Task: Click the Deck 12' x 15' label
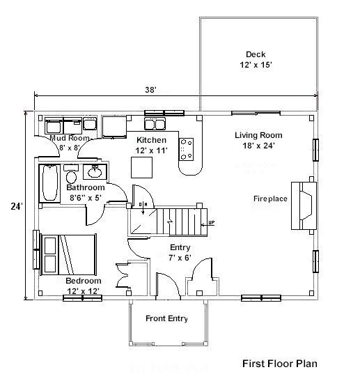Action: (x=255, y=60)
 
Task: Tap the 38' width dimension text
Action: (x=150, y=90)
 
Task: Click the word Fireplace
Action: (x=270, y=199)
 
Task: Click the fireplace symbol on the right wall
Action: (x=304, y=204)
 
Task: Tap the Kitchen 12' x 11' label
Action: (x=151, y=145)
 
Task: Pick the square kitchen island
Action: (x=141, y=167)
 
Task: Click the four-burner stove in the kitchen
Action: (x=187, y=148)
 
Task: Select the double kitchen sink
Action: (x=155, y=125)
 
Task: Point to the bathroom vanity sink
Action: (x=95, y=172)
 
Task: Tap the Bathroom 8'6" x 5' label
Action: (x=85, y=192)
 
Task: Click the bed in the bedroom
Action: (x=68, y=254)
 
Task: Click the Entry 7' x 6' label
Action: (x=180, y=252)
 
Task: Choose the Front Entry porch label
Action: (x=167, y=319)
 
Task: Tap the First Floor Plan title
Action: (x=281, y=363)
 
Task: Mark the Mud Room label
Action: (x=70, y=143)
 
